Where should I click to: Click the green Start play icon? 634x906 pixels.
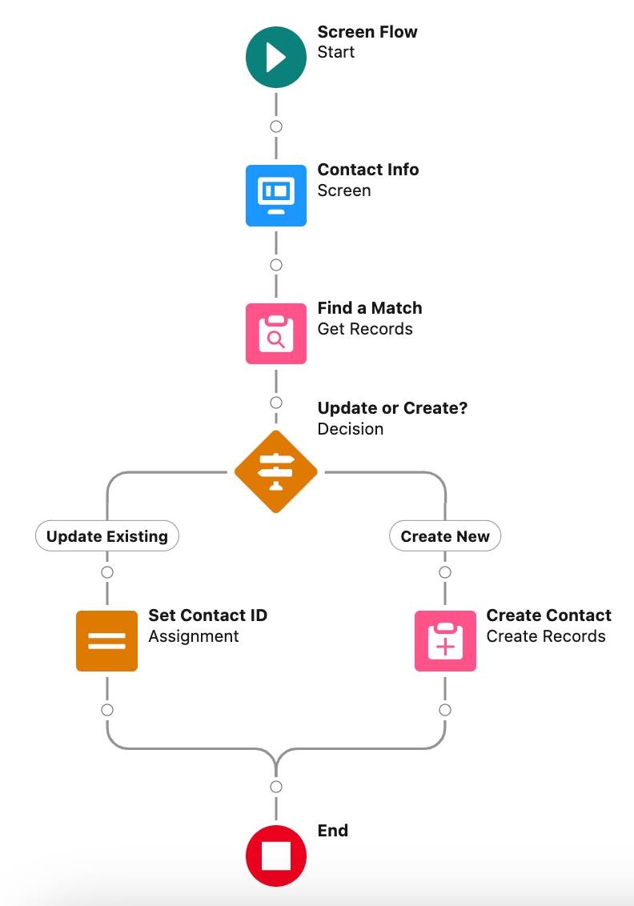click(276, 57)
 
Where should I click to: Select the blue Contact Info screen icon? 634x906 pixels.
click(276, 195)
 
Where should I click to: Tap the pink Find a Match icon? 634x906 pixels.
click(276, 334)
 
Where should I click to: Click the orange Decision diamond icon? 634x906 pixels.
click(276, 472)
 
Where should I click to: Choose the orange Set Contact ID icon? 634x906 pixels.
click(107, 640)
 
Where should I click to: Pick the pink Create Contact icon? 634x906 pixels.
click(445, 640)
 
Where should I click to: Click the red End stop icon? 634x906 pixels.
click(276, 856)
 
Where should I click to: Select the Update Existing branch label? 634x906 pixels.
click(107, 536)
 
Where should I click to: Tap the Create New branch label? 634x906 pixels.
click(445, 536)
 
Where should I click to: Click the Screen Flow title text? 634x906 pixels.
click(367, 32)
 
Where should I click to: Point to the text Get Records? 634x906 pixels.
click(365, 329)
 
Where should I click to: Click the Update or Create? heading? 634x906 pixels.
click(392, 408)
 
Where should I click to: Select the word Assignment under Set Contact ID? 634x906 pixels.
click(194, 636)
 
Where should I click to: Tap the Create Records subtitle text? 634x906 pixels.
click(546, 636)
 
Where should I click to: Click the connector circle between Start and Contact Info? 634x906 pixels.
click(276, 126)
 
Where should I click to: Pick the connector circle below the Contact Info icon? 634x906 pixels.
click(276, 265)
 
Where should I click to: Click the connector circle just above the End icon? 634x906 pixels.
click(276, 787)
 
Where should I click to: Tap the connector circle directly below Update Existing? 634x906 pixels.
click(107, 572)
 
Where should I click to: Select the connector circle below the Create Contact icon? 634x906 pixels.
click(445, 710)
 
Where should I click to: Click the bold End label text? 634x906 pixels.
click(333, 831)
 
